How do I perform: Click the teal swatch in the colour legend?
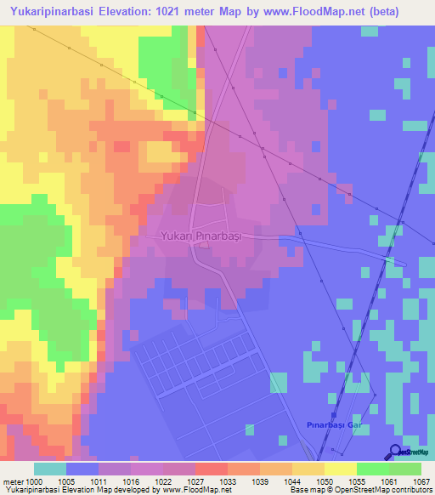[x=50, y=469]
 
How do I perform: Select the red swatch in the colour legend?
[x=212, y=469]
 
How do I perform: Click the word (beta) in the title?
[x=403, y=11]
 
